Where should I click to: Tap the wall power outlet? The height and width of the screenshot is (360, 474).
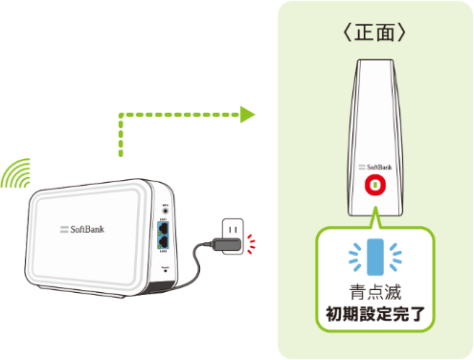pos(232,229)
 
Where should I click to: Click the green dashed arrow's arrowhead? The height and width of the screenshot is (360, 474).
pos(247,116)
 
